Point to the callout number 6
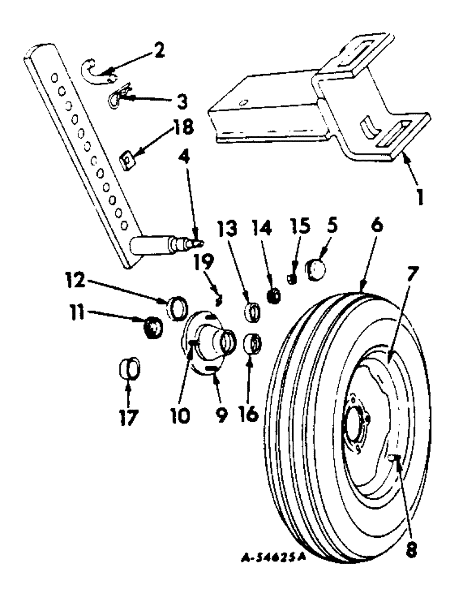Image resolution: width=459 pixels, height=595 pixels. click(362, 228)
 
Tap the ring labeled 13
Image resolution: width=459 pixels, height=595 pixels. click(253, 312)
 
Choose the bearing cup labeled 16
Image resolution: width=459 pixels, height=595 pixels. click(254, 345)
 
